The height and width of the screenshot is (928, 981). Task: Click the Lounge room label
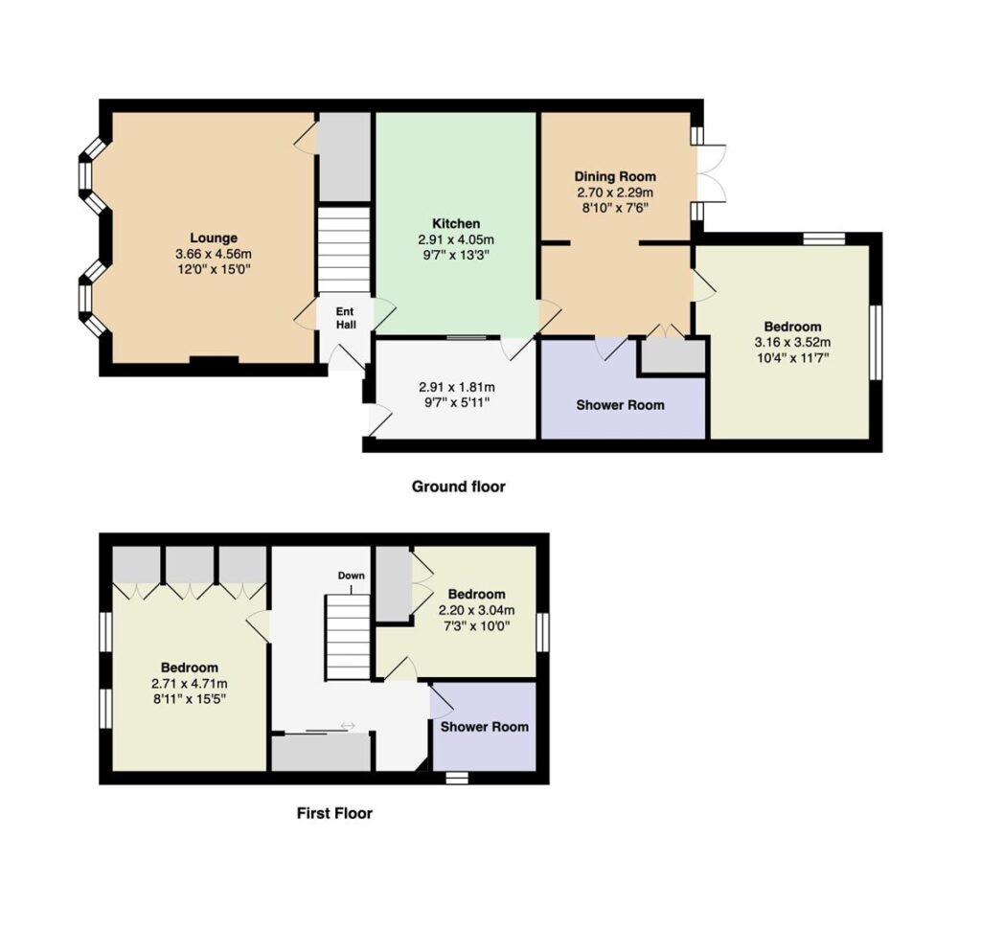tap(214, 238)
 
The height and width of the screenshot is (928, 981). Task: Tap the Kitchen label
tap(456, 223)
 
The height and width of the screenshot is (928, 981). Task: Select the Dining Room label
tap(615, 176)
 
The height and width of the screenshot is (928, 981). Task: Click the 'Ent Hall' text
tap(345, 318)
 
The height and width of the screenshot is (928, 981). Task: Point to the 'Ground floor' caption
tap(459, 487)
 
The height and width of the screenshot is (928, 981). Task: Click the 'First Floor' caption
tap(334, 813)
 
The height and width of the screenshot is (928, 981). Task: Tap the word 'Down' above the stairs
tap(351, 576)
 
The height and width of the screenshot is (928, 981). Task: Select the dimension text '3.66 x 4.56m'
tap(214, 254)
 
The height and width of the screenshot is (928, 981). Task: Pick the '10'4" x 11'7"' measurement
tap(792, 358)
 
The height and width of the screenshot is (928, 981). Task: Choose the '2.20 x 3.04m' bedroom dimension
tap(477, 610)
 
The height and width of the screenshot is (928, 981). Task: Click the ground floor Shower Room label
tap(620, 405)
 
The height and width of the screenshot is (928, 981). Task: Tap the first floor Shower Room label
tap(484, 727)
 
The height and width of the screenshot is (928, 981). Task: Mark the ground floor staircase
tap(344, 250)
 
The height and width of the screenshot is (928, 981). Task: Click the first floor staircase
tap(348, 637)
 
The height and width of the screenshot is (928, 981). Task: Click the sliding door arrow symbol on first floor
tap(348, 725)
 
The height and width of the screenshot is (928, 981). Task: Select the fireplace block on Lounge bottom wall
tap(214, 359)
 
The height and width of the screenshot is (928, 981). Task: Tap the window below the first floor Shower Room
tap(457, 778)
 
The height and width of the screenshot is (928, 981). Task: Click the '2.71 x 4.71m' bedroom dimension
tap(190, 684)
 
